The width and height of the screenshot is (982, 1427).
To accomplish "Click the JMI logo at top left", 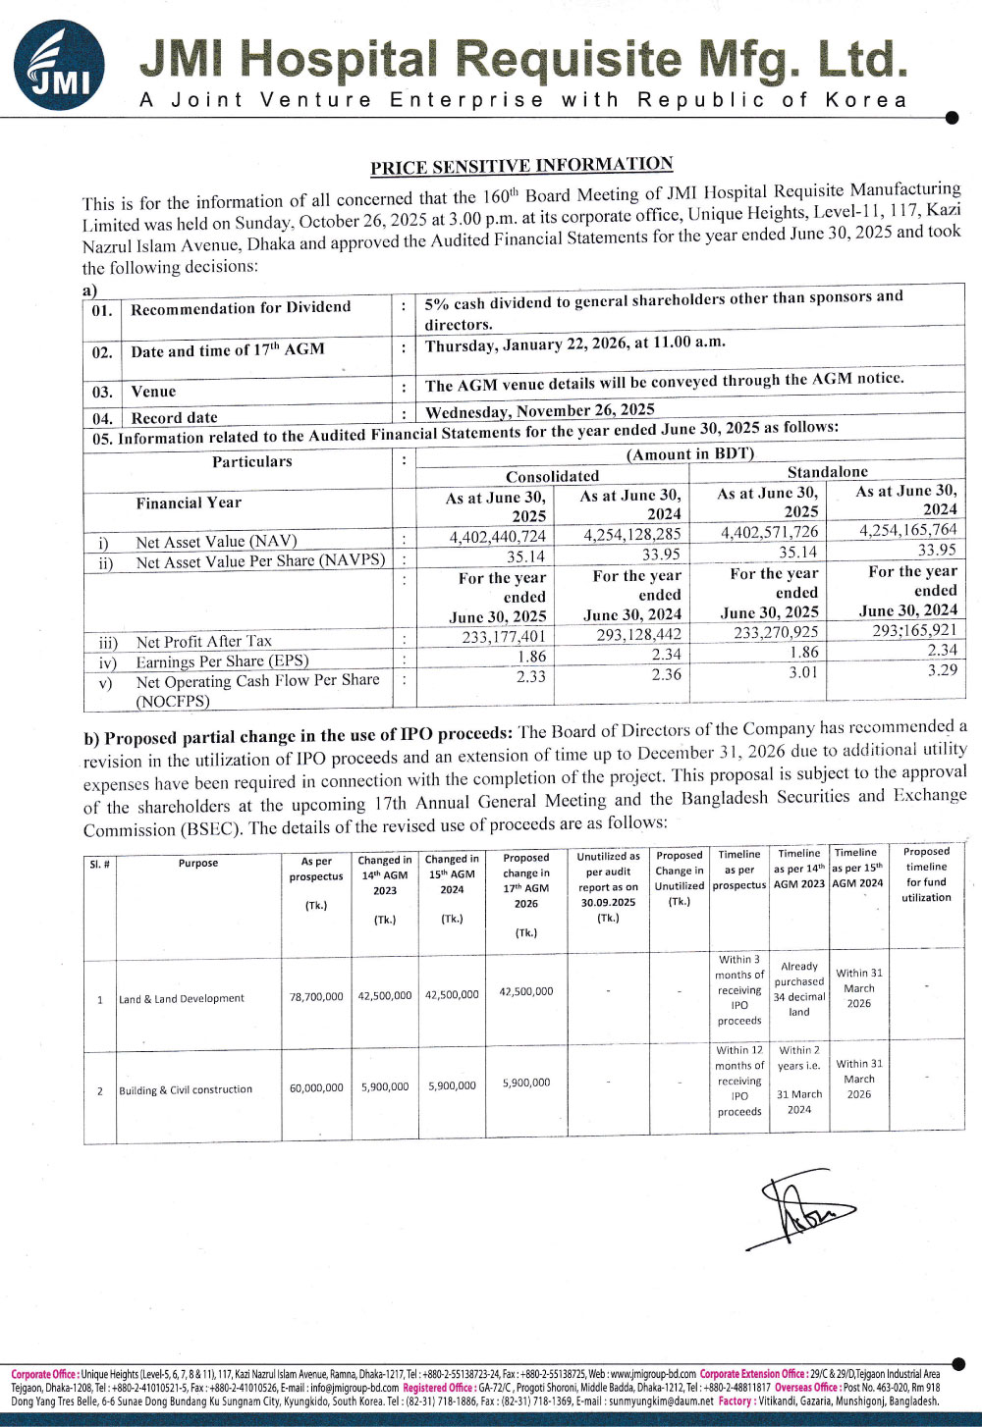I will click(58, 66).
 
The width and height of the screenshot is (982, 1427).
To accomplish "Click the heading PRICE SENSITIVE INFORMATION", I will click(521, 166).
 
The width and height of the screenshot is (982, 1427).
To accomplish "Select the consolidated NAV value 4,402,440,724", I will click(497, 537).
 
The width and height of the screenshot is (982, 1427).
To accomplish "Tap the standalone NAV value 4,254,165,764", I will click(907, 530).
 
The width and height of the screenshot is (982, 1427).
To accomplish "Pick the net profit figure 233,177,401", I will click(504, 637).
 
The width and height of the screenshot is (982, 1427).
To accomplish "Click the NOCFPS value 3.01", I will click(803, 672).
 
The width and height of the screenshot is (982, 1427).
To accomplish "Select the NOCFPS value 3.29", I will click(942, 670).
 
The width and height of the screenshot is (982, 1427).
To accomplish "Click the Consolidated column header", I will click(552, 476).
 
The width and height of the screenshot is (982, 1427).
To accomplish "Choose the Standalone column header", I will click(827, 472).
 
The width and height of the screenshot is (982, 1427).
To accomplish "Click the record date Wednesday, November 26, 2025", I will click(539, 410).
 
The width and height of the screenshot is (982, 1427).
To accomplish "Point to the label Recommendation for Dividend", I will click(241, 308).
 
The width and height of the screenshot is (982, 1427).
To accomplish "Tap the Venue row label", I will click(153, 392).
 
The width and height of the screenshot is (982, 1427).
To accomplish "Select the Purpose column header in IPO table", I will click(198, 864).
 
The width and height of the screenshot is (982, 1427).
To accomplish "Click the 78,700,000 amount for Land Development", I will click(316, 997).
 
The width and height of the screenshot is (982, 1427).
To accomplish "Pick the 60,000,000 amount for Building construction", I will click(316, 1088).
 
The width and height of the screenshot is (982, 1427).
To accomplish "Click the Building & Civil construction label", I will click(186, 1090).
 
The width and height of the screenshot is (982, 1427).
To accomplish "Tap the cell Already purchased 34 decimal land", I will click(799, 989).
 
